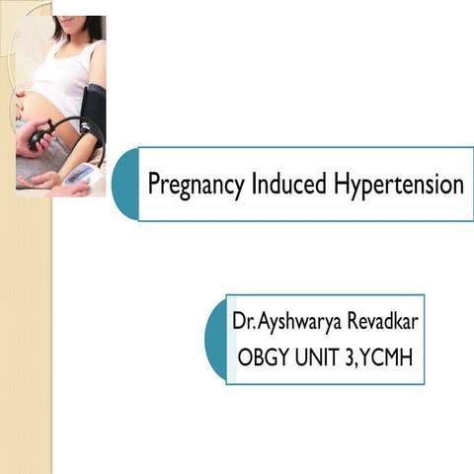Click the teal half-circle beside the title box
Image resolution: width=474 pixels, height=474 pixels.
point(125,185)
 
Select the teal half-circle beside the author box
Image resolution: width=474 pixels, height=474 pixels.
point(215,339)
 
